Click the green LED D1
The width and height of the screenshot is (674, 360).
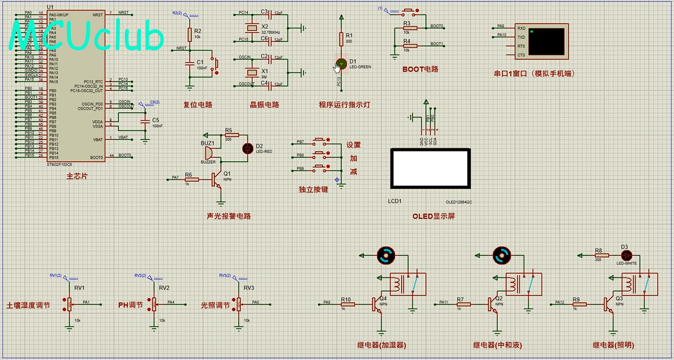(x=341, y=63)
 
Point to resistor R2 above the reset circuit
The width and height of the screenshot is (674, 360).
(x=189, y=34)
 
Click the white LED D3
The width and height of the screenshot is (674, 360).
(x=624, y=255)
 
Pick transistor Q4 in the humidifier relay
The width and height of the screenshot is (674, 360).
(x=376, y=305)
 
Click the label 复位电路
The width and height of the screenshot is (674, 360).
(x=198, y=105)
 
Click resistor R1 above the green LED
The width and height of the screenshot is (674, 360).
(x=341, y=39)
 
